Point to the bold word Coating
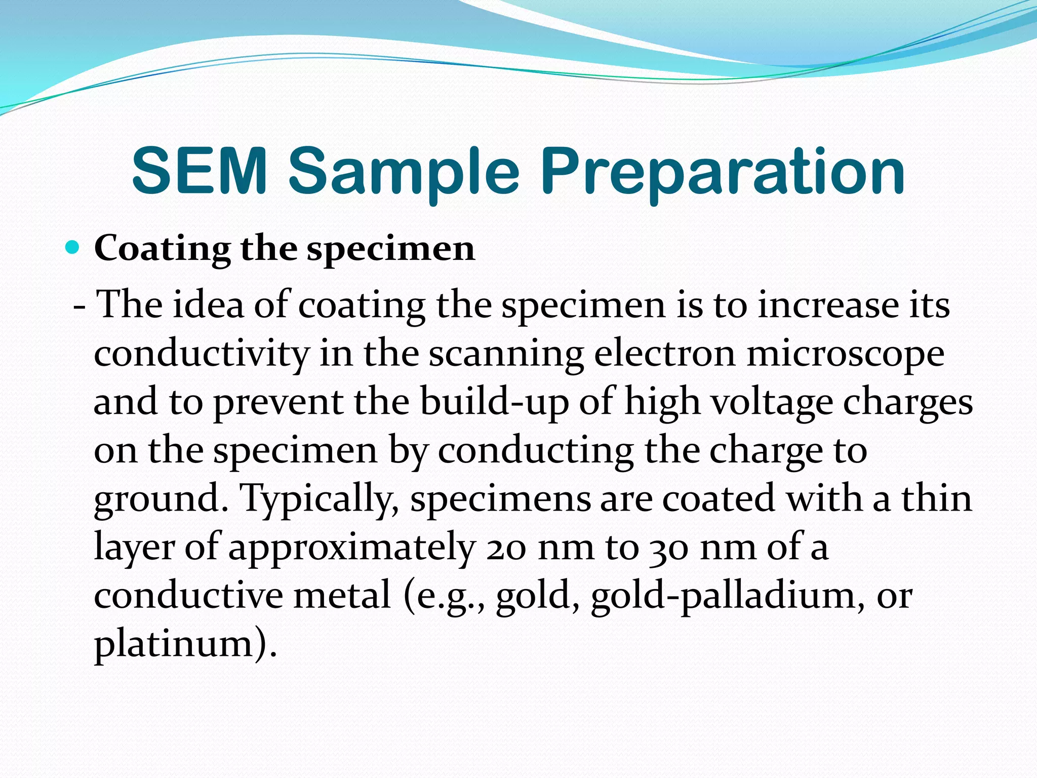(x=162, y=250)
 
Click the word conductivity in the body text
(x=201, y=354)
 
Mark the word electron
(x=664, y=354)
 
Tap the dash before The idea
(x=79, y=307)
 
